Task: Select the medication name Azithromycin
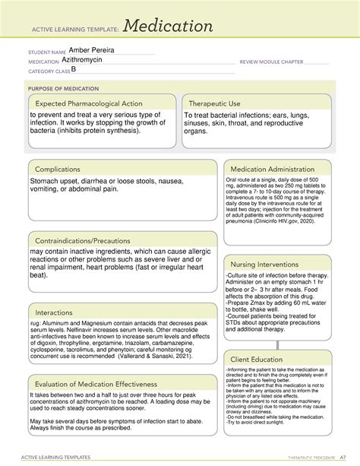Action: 90,61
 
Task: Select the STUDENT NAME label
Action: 45,52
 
